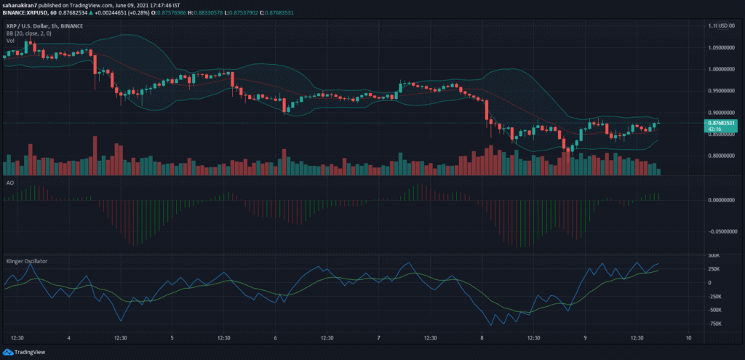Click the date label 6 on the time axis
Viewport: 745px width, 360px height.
pyautogui.click(x=276, y=338)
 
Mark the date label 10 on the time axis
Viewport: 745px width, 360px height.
pyautogui.click(x=688, y=338)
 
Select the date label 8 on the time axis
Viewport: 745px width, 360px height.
pyautogui.click(x=482, y=338)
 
